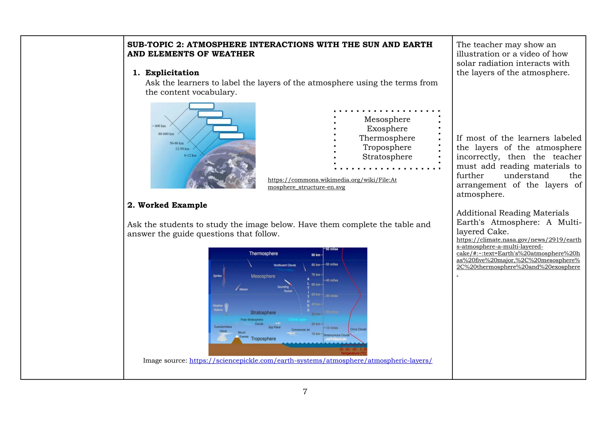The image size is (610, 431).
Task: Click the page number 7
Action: click(x=305, y=392)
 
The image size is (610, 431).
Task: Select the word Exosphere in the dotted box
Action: click(x=387, y=129)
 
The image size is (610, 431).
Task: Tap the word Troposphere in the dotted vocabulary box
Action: click(x=387, y=147)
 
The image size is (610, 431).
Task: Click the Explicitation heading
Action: click(x=172, y=73)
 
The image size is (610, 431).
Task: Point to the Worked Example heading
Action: click(x=167, y=205)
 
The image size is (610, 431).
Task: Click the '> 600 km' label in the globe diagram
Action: click(x=159, y=126)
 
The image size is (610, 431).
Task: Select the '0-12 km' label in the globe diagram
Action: click(x=190, y=155)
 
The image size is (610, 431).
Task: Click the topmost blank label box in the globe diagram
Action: click(x=202, y=106)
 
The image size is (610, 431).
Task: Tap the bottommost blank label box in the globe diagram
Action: click(x=231, y=136)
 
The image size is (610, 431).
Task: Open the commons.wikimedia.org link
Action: click(x=332, y=183)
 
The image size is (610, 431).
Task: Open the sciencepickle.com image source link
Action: click(x=310, y=361)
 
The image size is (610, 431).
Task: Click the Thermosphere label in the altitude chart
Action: click(x=263, y=254)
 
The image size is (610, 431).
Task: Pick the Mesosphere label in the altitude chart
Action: click(x=263, y=276)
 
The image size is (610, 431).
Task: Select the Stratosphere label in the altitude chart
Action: click(x=263, y=313)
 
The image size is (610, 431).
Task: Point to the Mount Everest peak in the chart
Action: click(x=237, y=337)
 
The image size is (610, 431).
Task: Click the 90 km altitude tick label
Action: click(x=315, y=255)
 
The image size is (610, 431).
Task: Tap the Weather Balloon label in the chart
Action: click(x=218, y=308)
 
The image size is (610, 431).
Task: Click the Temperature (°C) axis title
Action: click(x=353, y=353)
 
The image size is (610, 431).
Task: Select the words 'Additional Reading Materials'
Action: click(x=512, y=213)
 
